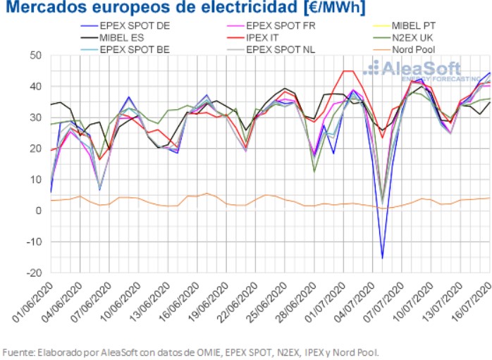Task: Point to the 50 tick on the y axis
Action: (35, 56)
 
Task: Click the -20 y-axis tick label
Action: (32, 273)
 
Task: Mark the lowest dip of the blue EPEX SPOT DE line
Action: (382, 258)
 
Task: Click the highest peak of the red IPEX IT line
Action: (348, 71)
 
